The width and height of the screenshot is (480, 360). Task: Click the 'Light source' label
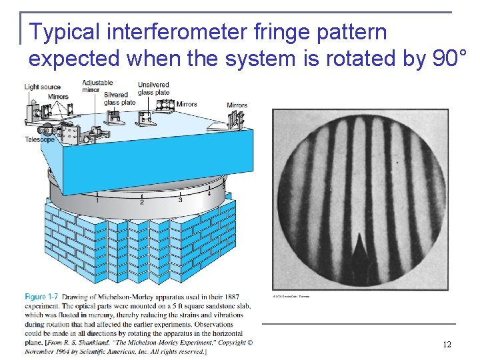click(42, 87)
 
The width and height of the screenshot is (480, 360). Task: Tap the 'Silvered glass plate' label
click(119, 99)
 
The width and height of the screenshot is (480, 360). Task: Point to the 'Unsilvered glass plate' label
click(153, 89)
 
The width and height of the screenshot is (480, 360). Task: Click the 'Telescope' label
click(39, 139)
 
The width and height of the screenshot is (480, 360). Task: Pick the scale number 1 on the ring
click(97, 200)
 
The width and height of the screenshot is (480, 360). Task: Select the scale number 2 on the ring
click(141, 202)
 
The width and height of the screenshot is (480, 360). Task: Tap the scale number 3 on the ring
click(180, 199)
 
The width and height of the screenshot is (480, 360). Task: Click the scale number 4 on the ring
click(208, 194)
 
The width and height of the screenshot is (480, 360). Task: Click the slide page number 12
click(447, 345)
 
